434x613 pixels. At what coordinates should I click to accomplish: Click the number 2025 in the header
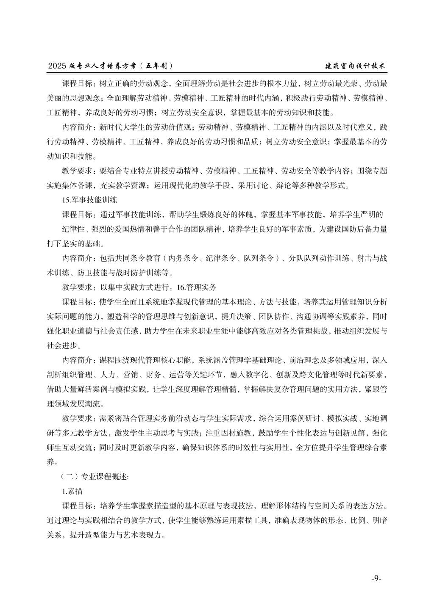tap(57, 66)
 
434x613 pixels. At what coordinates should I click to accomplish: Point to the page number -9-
tap(376, 578)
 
